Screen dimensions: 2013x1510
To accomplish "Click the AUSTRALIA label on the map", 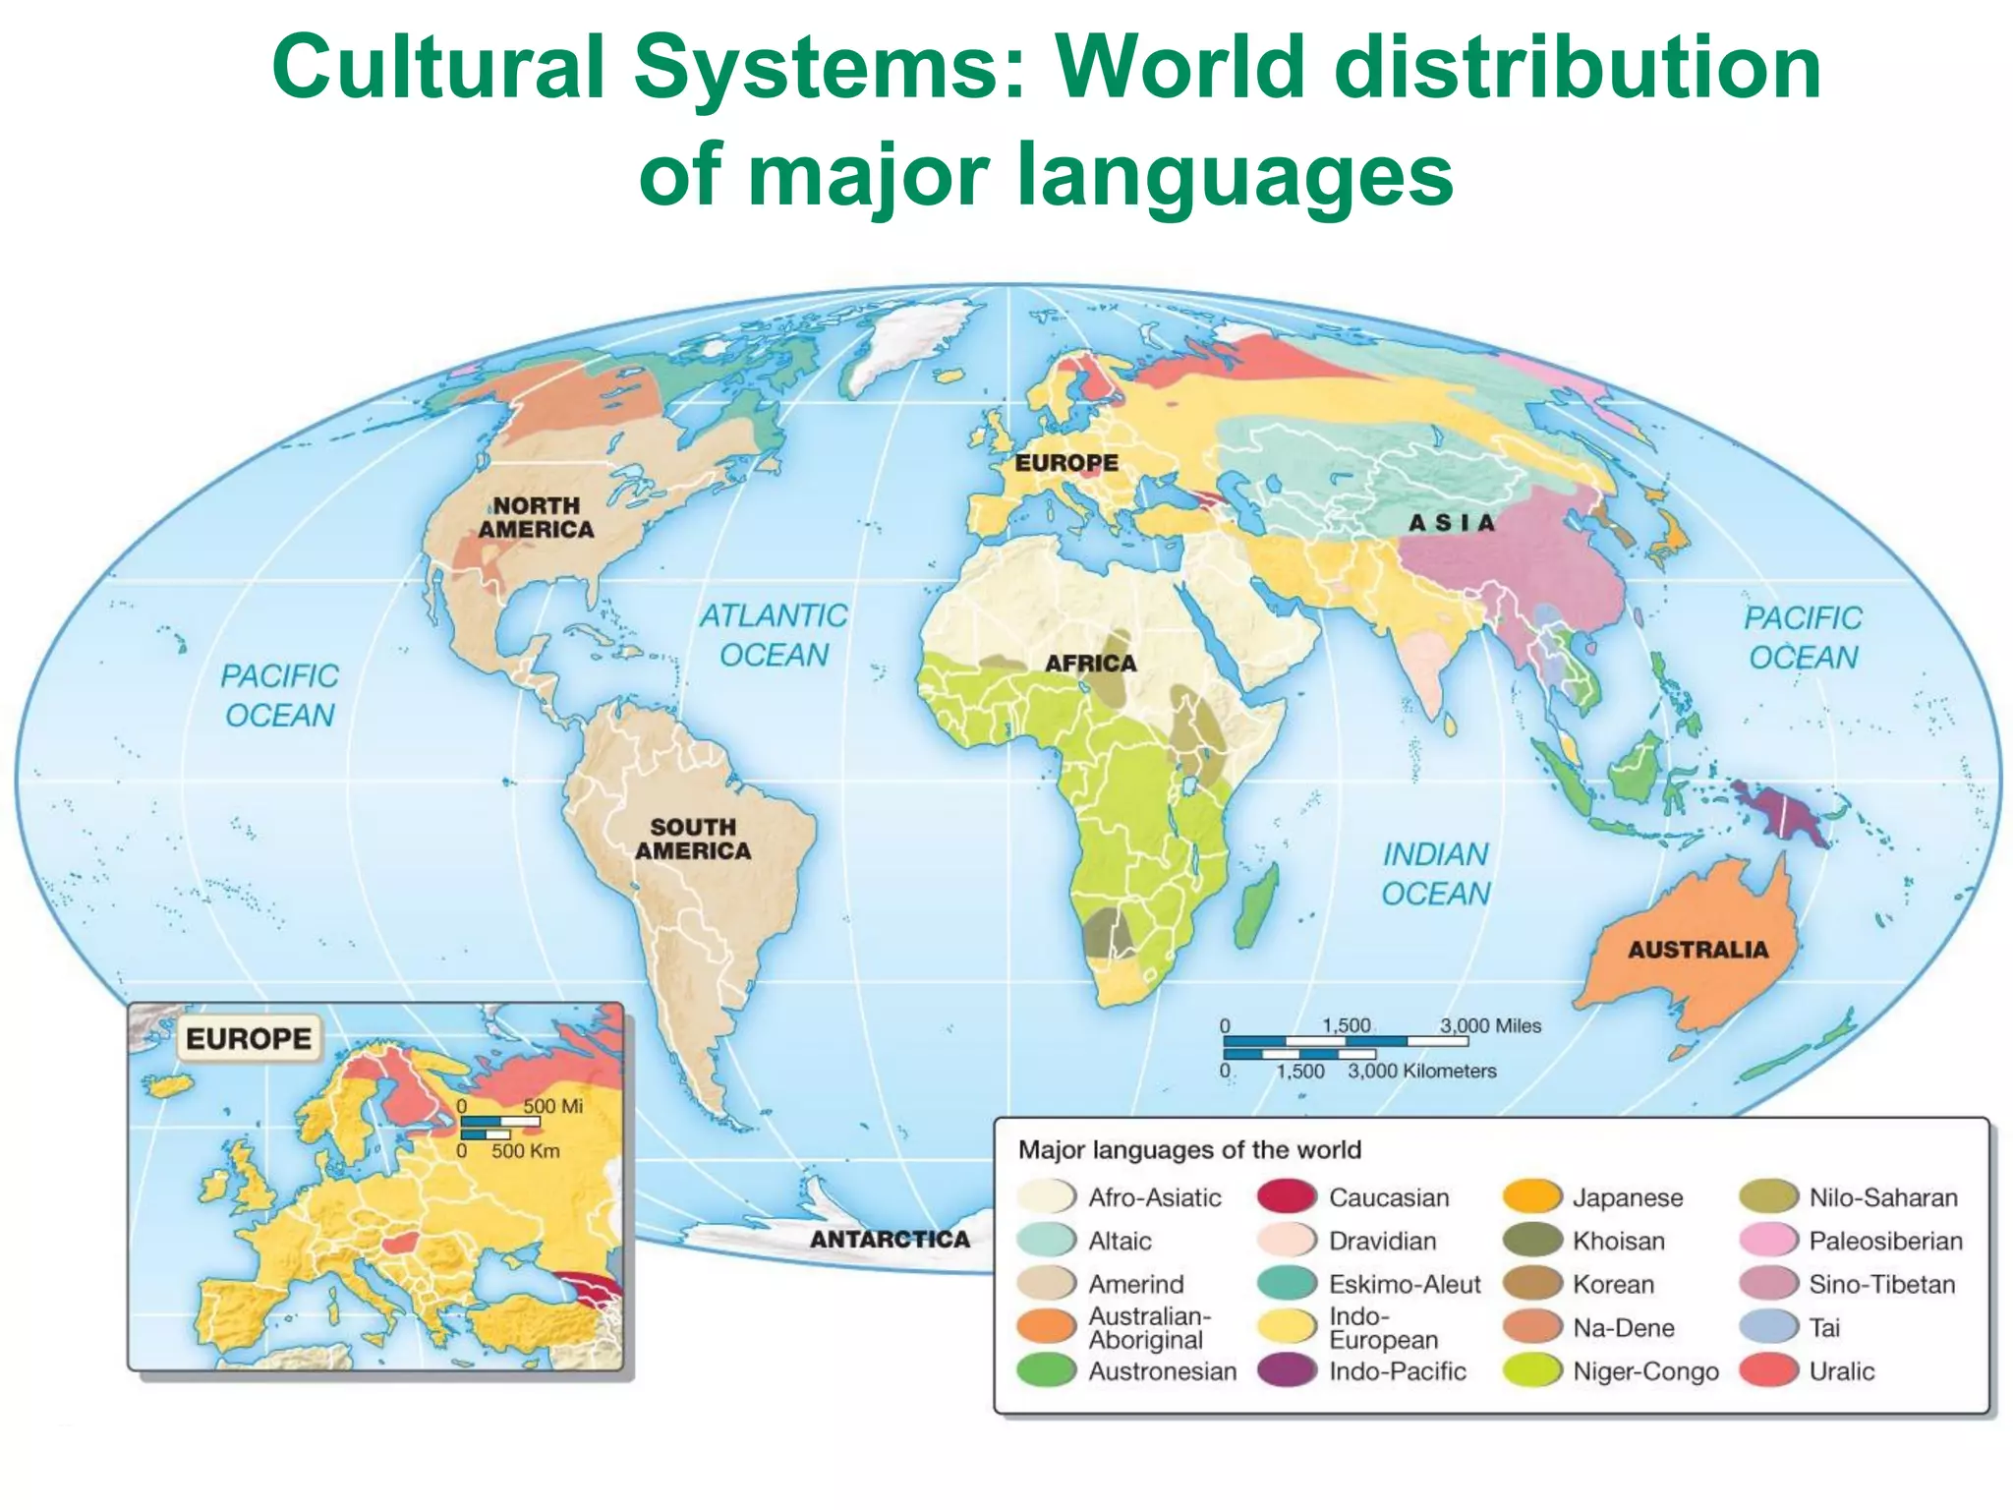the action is [1697, 950].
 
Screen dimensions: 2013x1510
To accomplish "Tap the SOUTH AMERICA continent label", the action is [693, 839].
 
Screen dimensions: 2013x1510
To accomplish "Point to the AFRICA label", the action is [1090, 664].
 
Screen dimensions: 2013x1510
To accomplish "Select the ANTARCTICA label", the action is [890, 1239].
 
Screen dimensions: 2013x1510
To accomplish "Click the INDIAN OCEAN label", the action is [1435, 874].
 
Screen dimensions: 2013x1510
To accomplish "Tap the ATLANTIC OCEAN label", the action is [774, 635].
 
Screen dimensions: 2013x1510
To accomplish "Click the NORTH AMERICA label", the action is [536, 517].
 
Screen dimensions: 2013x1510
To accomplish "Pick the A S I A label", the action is [1451, 523].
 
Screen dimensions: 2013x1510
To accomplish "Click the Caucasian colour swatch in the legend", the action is [1287, 1197].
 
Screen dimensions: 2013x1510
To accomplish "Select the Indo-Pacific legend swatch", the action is [1287, 1370].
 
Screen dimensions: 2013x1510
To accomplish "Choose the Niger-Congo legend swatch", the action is [1532, 1370].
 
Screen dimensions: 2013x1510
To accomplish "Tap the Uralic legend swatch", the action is [1768, 1370].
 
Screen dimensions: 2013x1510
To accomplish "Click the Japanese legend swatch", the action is [1532, 1197].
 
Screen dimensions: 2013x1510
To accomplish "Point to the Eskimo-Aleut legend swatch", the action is [1287, 1284].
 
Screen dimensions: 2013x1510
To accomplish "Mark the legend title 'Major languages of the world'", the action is [1189, 1149].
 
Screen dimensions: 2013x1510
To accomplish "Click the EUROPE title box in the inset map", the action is [249, 1038].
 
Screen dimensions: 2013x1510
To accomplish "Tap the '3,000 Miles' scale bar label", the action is [1490, 1025].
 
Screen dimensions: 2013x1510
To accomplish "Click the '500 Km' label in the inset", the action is [525, 1150].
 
